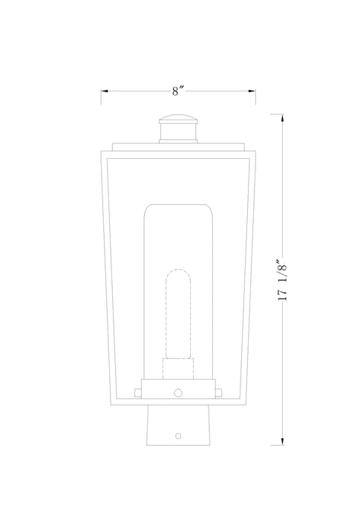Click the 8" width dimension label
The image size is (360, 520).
tap(177, 91)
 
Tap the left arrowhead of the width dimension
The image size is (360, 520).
tap(104, 91)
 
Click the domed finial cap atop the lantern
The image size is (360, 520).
tap(177, 119)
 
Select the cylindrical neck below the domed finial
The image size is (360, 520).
tap(177, 134)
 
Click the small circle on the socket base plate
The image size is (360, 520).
tap(177, 391)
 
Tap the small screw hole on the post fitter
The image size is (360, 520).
tap(177, 435)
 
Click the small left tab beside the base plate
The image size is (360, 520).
tap(137, 391)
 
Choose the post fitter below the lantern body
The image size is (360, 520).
tap(177, 427)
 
